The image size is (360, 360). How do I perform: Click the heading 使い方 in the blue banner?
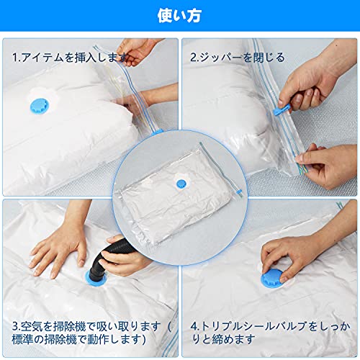[x=179, y=16]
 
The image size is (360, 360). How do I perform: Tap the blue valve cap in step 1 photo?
[x=40, y=106]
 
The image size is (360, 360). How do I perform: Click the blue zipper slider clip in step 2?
[x=282, y=109]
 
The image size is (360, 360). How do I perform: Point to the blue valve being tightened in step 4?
[x=271, y=279]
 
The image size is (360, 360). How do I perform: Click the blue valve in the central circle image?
[x=181, y=184]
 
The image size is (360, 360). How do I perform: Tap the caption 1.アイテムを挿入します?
[x=70, y=58]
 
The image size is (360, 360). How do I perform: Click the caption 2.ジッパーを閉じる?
[x=238, y=58]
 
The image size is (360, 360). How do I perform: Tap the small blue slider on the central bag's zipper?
[x=239, y=192]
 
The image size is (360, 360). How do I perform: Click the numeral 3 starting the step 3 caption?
[x=15, y=326]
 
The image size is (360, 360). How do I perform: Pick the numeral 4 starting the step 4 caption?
[x=194, y=326]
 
